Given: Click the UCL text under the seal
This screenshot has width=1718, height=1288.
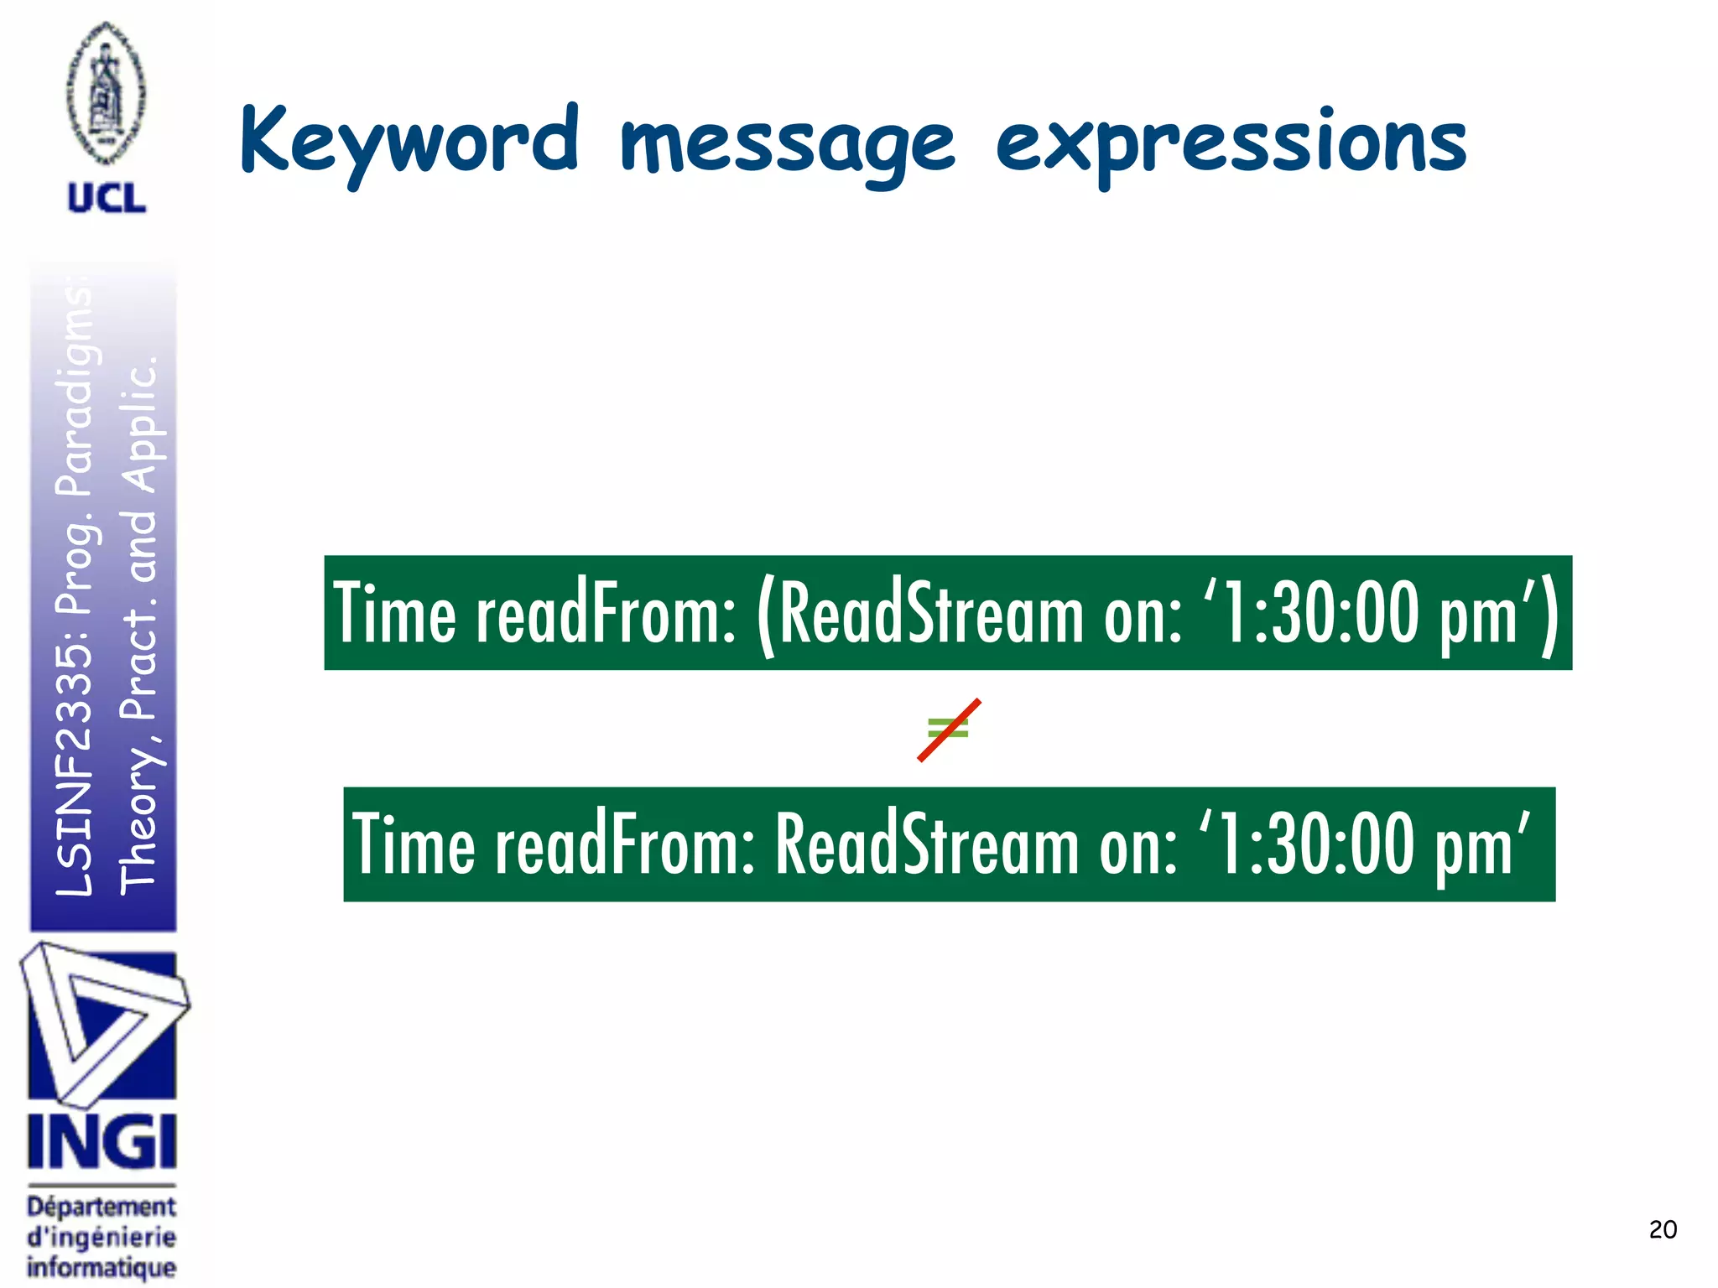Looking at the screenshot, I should [107, 199].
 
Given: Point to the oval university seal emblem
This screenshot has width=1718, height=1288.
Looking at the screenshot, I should [106, 92].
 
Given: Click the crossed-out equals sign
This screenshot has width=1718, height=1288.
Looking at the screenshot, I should [949, 730].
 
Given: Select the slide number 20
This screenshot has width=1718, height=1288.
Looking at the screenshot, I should [1662, 1229].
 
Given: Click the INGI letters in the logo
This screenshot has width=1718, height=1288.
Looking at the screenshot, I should [102, 1142].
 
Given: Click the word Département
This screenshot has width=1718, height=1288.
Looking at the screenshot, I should [102, 1207].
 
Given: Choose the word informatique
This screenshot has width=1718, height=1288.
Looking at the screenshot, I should [102, 1266].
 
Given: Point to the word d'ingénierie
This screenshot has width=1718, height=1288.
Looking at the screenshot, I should [102, 1237].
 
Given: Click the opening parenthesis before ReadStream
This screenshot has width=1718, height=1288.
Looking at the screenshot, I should [765, 615].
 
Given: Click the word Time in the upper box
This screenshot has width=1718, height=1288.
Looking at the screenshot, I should [394, 614].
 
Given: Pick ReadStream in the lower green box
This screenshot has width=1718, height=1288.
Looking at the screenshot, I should [926, 845].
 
